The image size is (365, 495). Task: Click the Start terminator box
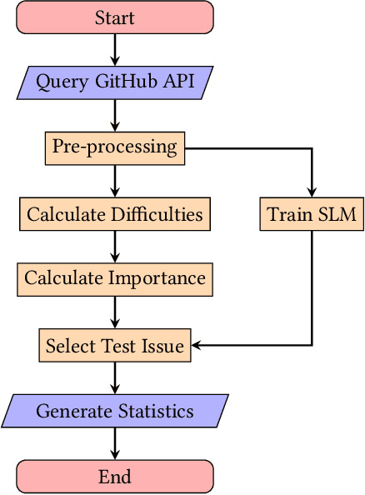pos(115,17)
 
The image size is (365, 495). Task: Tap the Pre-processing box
pos(115,148)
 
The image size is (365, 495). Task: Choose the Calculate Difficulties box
pos(115,214)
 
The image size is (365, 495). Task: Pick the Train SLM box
pos(312,214)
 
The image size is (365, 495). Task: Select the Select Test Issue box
pos(115,345)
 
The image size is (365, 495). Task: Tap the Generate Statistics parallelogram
pos(115,411)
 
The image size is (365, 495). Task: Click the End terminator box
pos(115,477)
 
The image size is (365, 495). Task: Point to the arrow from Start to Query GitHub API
pos(115,50)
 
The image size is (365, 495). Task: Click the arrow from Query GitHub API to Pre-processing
pos(115,116)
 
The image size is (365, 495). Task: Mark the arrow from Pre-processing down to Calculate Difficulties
pos(115,181)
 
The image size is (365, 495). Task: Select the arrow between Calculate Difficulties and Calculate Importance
pos(115,247)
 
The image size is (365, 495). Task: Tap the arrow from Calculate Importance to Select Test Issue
pos(115,312)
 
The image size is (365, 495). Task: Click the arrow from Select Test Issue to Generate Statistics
pos(115,377)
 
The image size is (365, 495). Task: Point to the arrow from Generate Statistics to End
pos(115,443)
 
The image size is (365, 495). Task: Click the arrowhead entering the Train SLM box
pos(312,192)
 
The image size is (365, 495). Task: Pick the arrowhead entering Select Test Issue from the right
pos(197,345)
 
